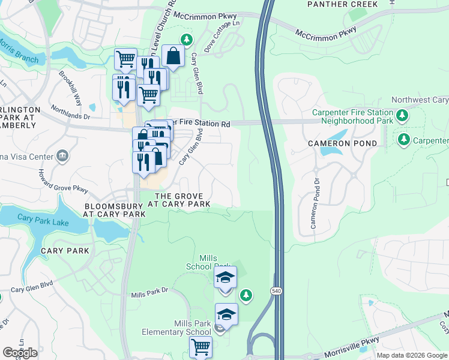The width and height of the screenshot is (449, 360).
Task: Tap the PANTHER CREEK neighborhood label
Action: click(343, 4)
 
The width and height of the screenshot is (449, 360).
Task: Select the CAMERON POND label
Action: click(343, 143)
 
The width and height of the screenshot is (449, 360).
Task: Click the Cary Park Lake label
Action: click(41, 218)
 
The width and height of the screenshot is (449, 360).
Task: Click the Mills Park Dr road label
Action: click(151, 292)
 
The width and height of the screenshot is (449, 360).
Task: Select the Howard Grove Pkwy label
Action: click(67, 182)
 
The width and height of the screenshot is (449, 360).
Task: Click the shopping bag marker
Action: click(173, 57)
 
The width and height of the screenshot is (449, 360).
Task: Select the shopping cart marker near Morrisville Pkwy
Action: click(200, 347)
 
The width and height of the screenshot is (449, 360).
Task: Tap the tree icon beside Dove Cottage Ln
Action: click(187, 40)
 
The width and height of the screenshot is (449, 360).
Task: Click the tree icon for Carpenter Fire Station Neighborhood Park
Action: click(403, 115)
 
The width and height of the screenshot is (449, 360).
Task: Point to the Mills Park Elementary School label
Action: click(176, 328)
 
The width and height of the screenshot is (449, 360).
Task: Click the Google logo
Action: click(20, 353)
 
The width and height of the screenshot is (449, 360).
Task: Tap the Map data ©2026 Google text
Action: click(412, 355)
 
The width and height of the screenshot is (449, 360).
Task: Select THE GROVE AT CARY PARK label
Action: click(182, 200)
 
